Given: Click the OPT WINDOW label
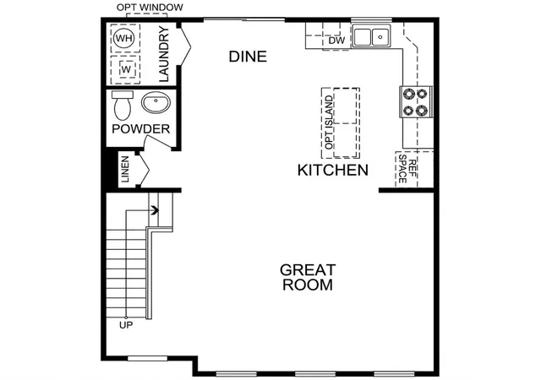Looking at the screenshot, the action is (150, 8).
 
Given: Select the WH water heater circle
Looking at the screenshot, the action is (124, 38).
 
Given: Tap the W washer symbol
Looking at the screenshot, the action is (126, 69).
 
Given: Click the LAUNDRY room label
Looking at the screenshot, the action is (164, 54).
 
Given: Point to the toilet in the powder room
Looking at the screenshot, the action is (122, 106).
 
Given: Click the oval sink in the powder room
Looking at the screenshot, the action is (156, 102).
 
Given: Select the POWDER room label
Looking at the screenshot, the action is (141, 129).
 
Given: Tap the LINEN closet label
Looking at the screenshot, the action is (125, 169).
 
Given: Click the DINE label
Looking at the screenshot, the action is (248, 57).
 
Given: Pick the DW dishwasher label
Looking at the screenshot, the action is (336, 41).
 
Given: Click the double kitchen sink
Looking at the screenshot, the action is (371, 35).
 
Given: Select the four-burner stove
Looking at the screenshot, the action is (415, 101).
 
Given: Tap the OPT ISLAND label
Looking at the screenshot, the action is (329, 122).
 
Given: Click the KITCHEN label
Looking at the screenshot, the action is (333, 171).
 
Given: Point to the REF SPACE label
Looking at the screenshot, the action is (407, 169).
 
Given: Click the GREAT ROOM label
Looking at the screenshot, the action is (308, 277).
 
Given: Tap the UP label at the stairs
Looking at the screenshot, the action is (126, 325).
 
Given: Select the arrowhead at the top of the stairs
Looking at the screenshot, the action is (156, 210).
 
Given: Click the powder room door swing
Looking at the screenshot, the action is (158, 142).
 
